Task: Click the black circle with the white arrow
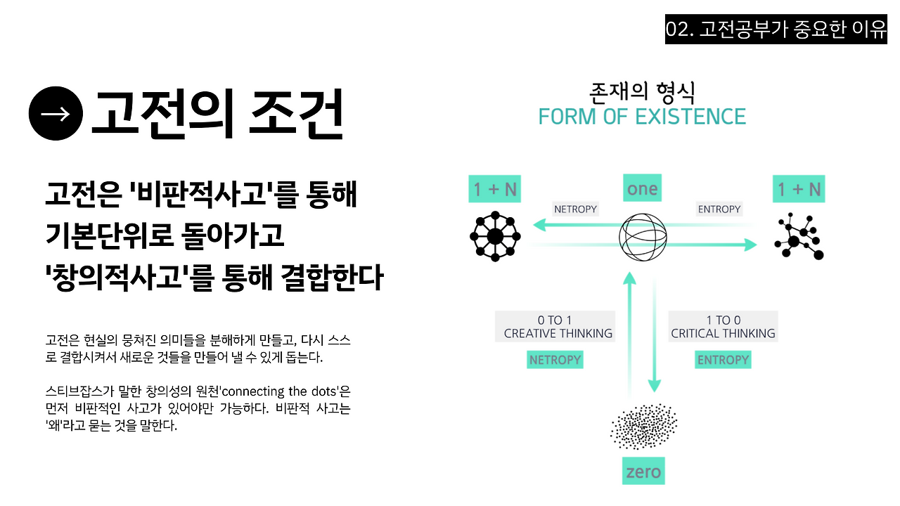(56, 113)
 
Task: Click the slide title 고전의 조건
(217, 114)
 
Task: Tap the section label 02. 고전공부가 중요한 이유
(776, 30)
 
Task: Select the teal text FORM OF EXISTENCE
(642, 117)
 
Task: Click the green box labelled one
(642, 188)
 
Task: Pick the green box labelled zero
(643, 471)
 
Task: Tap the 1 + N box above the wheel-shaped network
(494, 189)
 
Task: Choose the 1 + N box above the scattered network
(799, 189)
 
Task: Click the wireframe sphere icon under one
(643, 235)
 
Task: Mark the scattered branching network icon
(798, 235)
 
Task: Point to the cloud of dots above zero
(643, 426)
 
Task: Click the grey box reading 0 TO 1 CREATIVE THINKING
(555, 327)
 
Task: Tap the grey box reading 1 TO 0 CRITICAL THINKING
(723, 327)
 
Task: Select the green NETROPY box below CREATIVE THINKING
(555, 360)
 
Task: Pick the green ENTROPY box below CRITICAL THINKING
(723, 360)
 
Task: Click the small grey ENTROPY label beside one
(719, 209)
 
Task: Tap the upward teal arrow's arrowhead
(630, 278)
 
